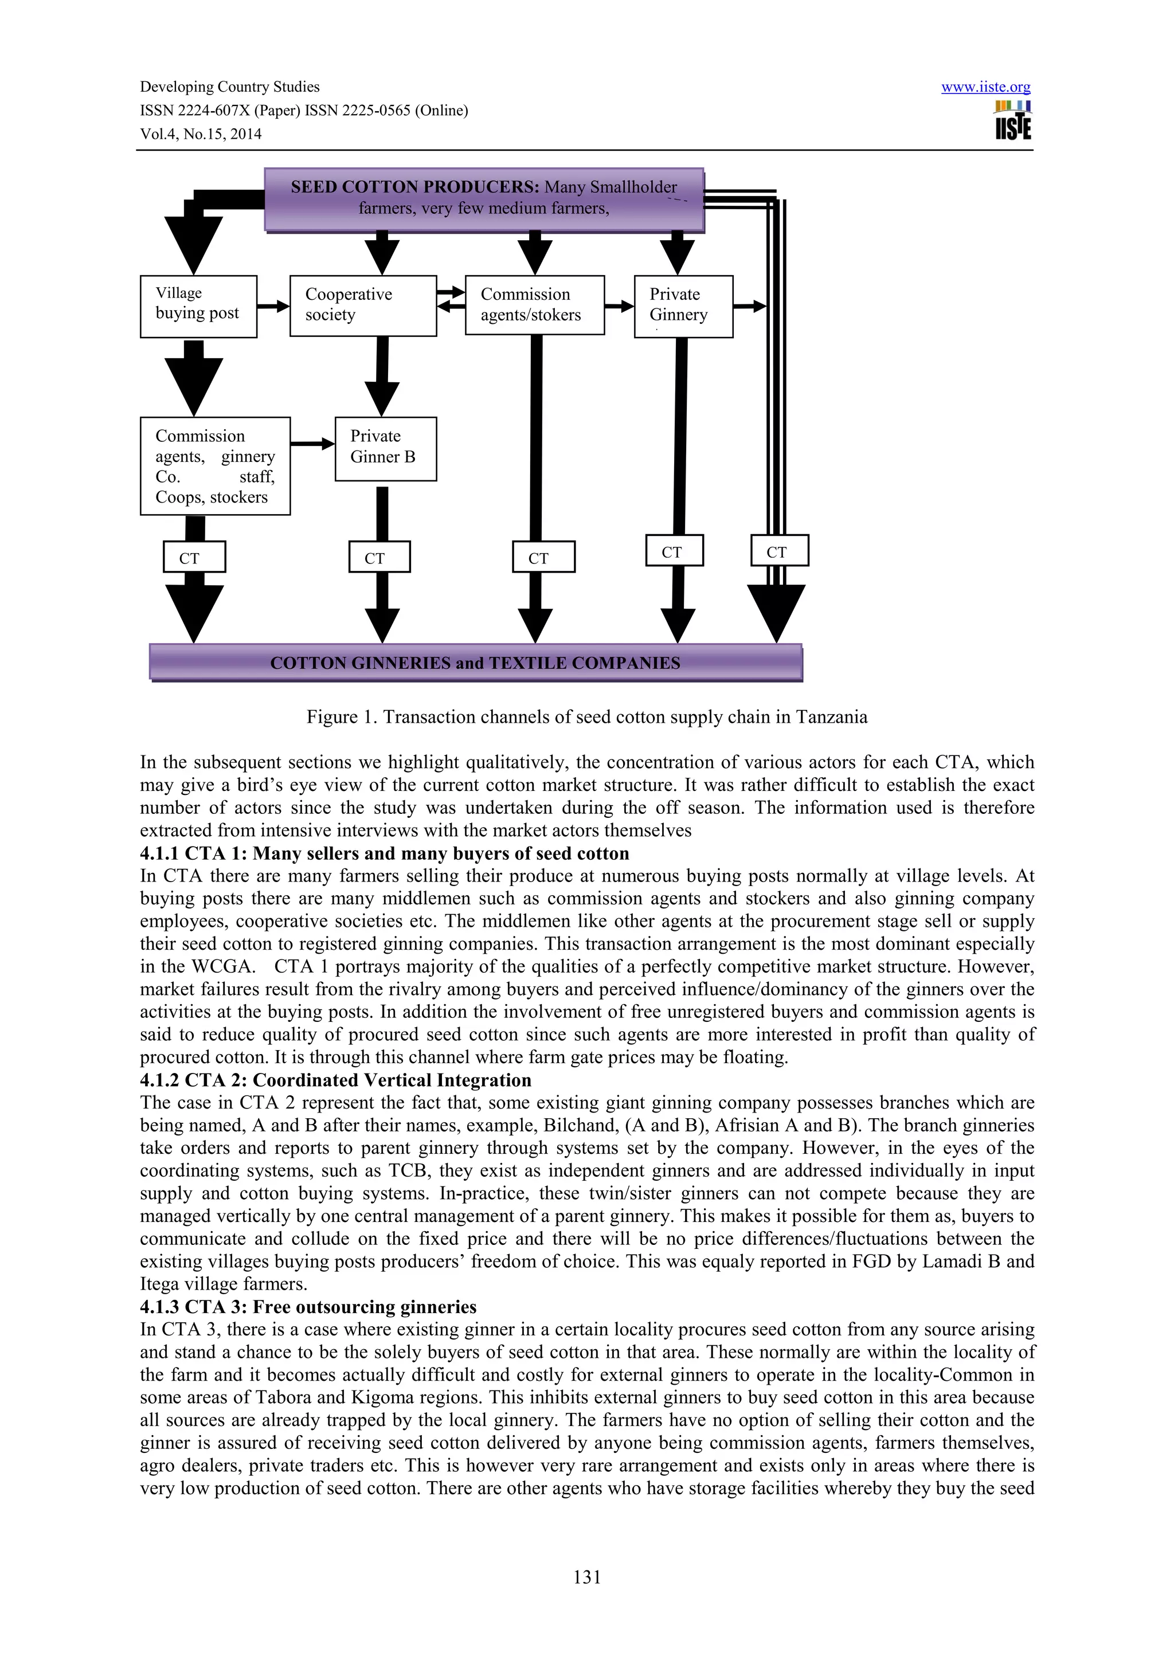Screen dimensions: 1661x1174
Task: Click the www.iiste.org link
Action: click(x=985, y=88)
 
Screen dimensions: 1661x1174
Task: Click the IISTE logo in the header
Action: click(x=1013, y=120)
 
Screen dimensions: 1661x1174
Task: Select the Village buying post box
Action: click(x=198, y=306)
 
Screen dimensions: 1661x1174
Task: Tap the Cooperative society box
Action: click(x=362, y=305)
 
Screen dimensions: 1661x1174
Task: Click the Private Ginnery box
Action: click(x=683, y=306)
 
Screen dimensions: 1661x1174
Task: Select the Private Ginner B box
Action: click(x=386, y=449)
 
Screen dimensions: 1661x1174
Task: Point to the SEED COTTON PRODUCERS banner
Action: click(x=484, y=199)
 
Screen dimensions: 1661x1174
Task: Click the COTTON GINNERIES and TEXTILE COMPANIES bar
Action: click(x=475, y=662)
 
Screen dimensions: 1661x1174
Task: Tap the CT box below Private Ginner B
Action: click(x=379, y=557)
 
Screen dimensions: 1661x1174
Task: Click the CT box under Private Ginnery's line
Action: click(x=674, y=551)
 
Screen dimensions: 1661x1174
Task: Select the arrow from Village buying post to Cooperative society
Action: click(x=273, y=306)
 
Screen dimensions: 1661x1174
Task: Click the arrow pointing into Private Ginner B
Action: click(x=312, y=444)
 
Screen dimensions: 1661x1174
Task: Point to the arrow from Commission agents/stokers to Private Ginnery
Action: click(x=619, y=306)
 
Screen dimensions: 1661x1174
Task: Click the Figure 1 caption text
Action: click(x=586, y=717)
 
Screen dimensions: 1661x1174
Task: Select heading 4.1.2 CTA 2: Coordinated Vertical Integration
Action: click(x=336, y=1080)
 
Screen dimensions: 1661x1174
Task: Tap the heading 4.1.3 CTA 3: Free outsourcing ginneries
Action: click(x=308, y=1307)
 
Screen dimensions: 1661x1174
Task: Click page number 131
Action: click(x=586, y=1577)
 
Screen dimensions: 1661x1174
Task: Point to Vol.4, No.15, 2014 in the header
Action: click(x=201, y=134)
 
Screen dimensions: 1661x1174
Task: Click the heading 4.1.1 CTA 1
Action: click(x=384, y=853)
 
